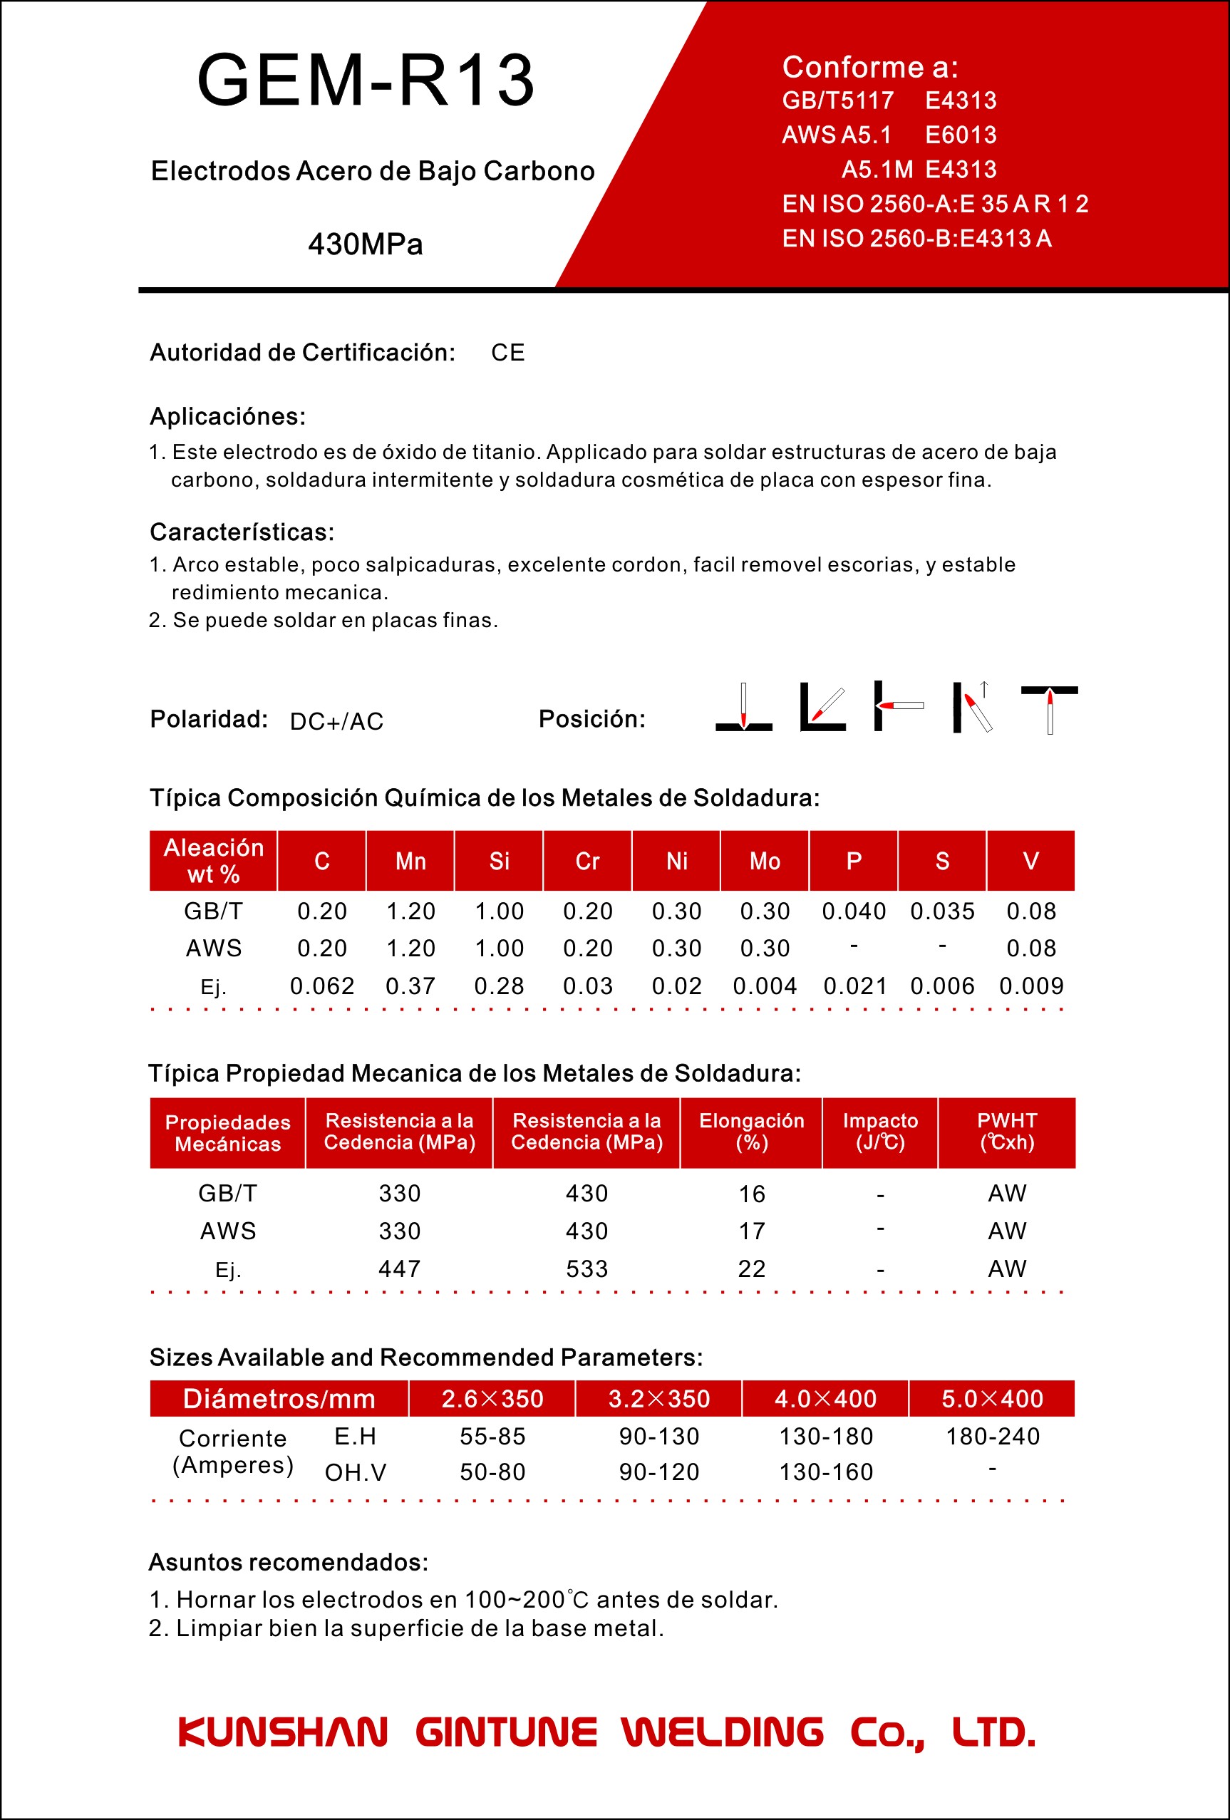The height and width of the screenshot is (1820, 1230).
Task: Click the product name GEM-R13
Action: (x=366, y=80)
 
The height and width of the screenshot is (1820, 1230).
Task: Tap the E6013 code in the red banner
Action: (x=961, y=135)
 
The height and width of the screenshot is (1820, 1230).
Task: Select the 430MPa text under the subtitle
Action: (x=366, y=244)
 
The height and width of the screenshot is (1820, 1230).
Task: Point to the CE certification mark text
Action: (x=507, y=353)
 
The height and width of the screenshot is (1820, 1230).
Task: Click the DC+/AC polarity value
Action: (x=336, y=721)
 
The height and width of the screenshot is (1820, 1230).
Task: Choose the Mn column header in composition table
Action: (x=410, y=862)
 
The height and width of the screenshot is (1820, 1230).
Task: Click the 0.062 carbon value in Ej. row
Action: (x=322, y=986)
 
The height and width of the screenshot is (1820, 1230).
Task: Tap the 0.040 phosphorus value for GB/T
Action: (x=854, y=911)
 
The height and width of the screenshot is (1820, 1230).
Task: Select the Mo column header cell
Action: (x=765, y=862)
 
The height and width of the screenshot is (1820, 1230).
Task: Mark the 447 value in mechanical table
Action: (x=399, y=1268)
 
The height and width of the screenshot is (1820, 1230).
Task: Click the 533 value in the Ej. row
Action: (x=586, y=1268)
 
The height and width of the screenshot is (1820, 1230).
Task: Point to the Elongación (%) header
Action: (x=752, y=1132)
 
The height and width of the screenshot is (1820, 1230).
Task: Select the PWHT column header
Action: (x=1007, y=1132)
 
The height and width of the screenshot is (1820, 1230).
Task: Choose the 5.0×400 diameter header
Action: (x=992, y=1399)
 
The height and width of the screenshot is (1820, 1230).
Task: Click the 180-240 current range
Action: (x=992, y=1437)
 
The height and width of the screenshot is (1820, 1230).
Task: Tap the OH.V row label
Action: (x=356, y=1472)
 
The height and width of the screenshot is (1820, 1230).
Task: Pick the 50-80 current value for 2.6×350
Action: (x=492, y=1472)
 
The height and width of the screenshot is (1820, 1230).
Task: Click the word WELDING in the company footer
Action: (x=723, y=1732)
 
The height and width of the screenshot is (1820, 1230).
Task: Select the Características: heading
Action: (x=242, y=532)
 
